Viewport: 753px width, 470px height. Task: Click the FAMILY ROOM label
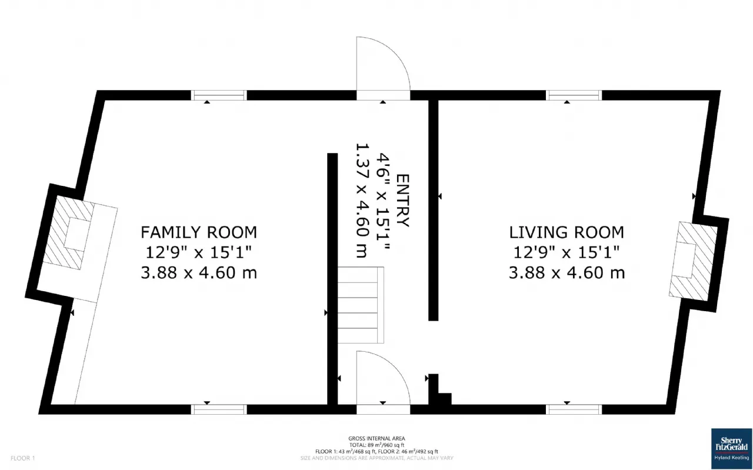click(199, 232)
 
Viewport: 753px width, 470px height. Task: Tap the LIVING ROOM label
click(567, 232)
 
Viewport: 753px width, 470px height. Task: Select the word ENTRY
click(403, 201)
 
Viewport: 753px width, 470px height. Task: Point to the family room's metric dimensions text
click(199, 272)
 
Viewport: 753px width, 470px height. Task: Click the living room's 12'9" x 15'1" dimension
click(567, 252)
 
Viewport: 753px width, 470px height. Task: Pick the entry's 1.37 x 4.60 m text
click(362, 201)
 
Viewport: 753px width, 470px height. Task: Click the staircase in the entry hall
click(361, 305)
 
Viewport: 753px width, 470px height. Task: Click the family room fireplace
click(69, 232)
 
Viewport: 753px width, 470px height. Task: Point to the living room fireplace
click(693, 261)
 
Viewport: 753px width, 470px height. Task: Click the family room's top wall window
click(219, 95)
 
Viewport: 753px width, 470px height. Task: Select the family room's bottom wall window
click(219, 409)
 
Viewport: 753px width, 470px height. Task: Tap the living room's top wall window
click(574, 95)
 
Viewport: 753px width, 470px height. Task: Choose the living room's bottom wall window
click(574, 409)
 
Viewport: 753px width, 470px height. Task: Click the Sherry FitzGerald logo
click(731, 449)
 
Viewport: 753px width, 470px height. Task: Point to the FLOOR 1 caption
click(23, 458)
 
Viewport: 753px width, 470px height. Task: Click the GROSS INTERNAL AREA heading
click(376, 438)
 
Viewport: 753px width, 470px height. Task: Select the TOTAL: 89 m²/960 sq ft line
click(376, 445)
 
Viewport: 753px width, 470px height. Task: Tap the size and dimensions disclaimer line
click(376, 458)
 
